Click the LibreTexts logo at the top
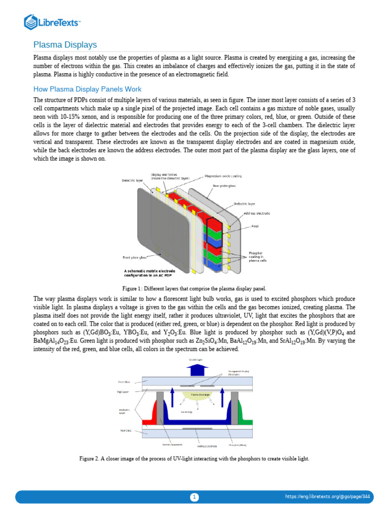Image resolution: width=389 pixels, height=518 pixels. point(53,22)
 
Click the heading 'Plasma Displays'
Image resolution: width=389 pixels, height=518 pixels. point(65,45)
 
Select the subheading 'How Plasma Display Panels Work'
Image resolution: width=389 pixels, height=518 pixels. point(87,90)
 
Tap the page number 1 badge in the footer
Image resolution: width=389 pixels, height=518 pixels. point(194,497)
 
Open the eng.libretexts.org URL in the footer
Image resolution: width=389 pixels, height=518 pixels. point(328,497)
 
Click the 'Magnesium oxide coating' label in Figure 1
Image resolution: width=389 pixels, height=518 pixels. point(223,177)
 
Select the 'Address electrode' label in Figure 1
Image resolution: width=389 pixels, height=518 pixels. point(256,213)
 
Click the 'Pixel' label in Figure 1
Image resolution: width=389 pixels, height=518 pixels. point(255,226)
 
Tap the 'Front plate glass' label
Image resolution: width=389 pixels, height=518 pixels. point(135,257)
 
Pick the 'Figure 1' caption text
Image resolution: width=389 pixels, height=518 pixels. point(194,288)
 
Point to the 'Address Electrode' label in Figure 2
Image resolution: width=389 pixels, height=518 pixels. point(207,446)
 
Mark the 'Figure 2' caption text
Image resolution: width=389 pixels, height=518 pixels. point(194,459)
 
